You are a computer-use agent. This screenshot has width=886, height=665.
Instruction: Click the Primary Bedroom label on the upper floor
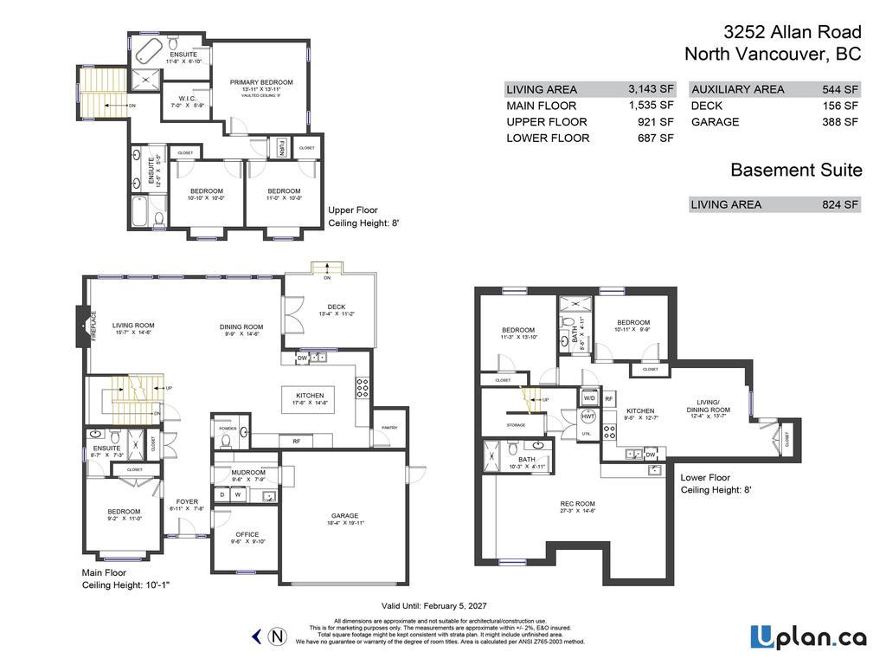coord(260,82)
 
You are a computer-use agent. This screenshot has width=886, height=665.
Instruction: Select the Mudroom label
coord(247,472)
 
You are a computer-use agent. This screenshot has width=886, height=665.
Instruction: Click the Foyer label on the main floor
coord(187,501)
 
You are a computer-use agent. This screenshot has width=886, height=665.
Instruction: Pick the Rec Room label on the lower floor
coord(577,504)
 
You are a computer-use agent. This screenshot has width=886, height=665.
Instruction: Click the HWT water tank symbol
coord(588,416)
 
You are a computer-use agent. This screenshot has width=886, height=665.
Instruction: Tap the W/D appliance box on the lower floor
coord(589,398)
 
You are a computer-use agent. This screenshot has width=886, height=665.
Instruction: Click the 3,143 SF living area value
coord(651,89)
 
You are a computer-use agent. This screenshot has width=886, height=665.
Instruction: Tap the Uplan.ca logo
coord(808,637)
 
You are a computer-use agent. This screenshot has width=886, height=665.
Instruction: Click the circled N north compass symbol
coord(278,637)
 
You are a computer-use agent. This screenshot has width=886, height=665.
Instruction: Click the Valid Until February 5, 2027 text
coord(442,605)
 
